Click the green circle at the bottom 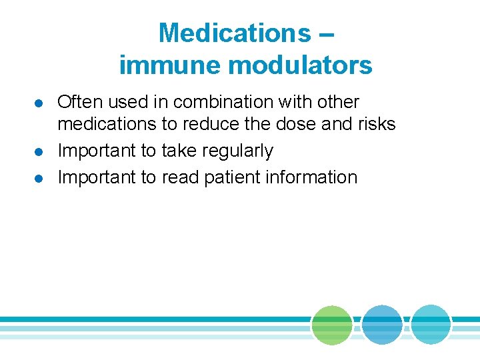pos(332,325)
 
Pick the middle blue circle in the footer pos(383,325)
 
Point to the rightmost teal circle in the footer pos(431,325)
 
